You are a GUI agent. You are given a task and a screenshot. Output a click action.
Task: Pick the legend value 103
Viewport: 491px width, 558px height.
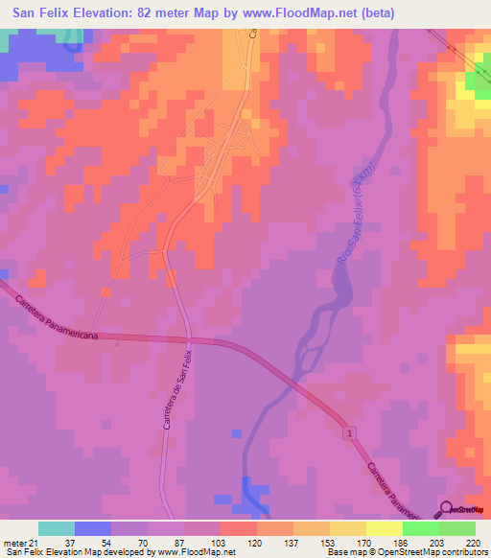pos(220,542)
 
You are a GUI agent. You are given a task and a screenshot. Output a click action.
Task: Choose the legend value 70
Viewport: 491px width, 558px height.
pos(147,542)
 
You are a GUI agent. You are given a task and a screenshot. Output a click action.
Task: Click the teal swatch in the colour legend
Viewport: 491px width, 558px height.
pos(56,528)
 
